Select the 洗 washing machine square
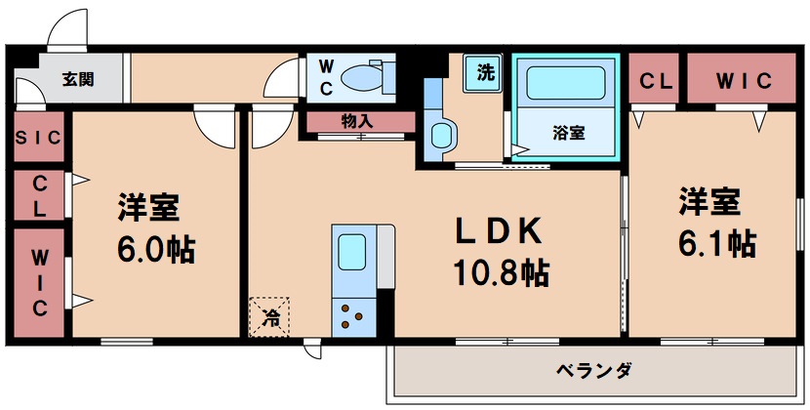click(485, 72)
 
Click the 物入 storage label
click(357, 122)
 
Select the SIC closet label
click(38, 139)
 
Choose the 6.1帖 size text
click(717, 241)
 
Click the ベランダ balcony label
click(594, 371)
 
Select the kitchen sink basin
click(349, 255)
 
